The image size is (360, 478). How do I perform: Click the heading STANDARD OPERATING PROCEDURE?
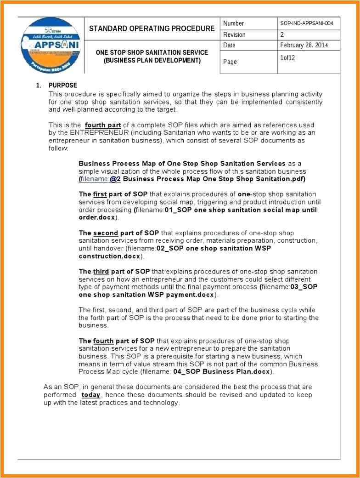(152, 28)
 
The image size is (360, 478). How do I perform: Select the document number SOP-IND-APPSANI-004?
(306, 23)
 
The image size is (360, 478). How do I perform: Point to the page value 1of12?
(287, 58)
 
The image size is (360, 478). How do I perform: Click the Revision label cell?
(234, 34)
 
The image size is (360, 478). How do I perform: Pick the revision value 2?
(282, 34)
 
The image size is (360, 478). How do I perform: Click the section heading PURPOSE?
(63, 85)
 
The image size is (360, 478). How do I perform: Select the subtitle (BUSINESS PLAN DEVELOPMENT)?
(152, 60)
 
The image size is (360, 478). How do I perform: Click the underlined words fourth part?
(103, 125)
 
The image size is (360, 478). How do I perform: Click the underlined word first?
(100, 194)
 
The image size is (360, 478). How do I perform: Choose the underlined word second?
(106, 233)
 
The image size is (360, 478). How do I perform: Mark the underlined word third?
(101, 272)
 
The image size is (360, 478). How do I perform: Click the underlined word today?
(91, 395)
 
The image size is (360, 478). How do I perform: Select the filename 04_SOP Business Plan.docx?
(222, 372)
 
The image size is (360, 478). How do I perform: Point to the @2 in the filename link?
(115, 179)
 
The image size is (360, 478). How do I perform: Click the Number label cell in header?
(234, 23)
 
